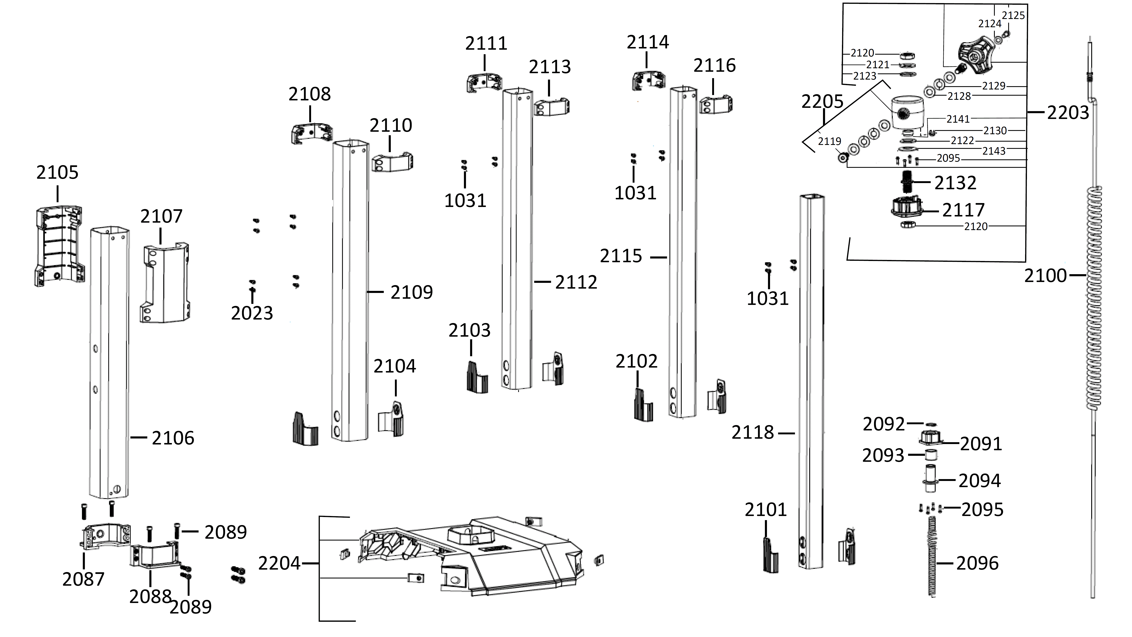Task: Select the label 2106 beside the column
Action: (173, 438)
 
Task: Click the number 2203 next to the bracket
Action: (1068, 113)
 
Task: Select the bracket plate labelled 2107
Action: (165, 283)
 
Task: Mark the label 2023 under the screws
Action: (252, 313)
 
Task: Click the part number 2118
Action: (752, 433)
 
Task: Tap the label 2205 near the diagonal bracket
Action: (822, 102)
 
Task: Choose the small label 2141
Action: (958, 119)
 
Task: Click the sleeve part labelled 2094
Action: (930, 479)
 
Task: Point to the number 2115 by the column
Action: (621, 256)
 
